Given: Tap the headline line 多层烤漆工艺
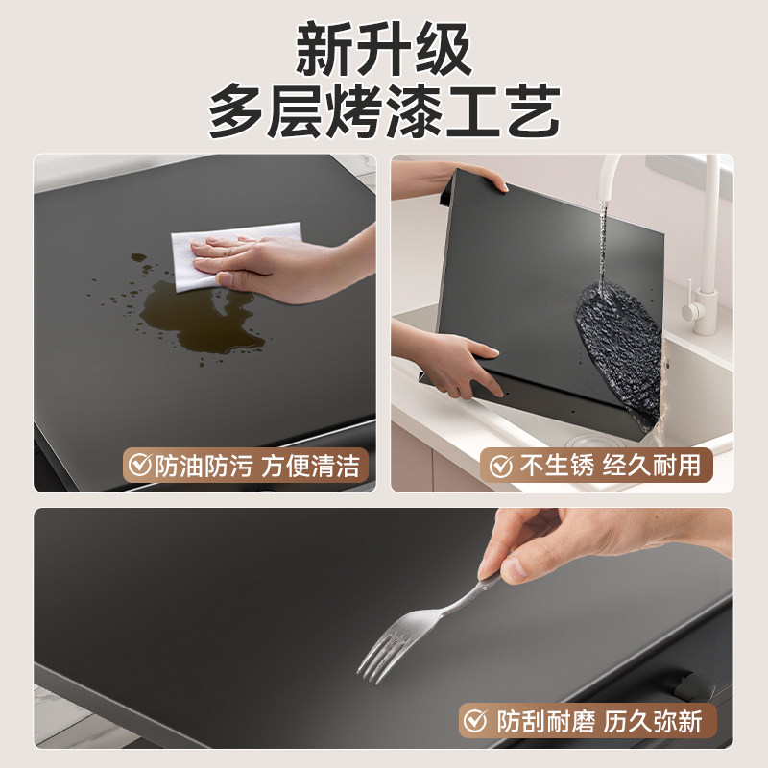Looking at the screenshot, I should point(384,112).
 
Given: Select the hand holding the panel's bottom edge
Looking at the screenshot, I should point(451,360).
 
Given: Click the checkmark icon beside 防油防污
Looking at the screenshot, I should point(141,467).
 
